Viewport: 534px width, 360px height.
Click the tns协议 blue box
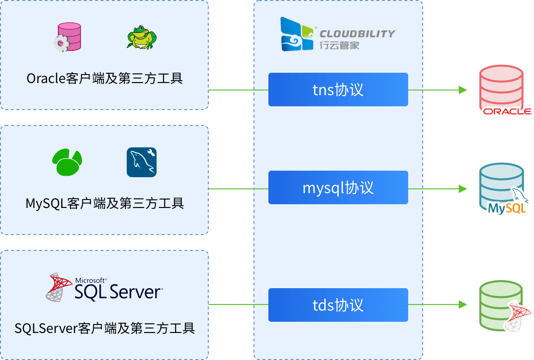tap(338, 90)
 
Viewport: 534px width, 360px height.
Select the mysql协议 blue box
tap(338, 187)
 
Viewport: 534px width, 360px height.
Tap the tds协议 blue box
tap(338, 305)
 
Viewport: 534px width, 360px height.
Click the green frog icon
tap(141, 37)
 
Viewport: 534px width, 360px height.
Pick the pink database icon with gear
tap(68, 37)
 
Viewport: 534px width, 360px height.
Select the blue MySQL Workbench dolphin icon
tap(142, 162)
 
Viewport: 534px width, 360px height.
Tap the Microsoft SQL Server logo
tap(104, 287)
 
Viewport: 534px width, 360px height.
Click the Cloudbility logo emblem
tap(297, 34)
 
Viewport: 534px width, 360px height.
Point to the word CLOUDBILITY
tap(357, 34)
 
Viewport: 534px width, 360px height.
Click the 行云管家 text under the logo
tap(339, 45)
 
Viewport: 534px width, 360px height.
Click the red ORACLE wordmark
tap(507, 111)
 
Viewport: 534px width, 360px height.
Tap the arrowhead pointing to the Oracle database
tap(463, 90)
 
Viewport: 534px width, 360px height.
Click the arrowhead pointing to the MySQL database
tap(463, 188)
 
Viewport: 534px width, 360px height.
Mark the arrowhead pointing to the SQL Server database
tap(463, 305)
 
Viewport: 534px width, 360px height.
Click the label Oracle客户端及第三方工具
tap(104, 78)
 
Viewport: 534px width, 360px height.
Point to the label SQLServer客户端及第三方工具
tap(104, 328)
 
